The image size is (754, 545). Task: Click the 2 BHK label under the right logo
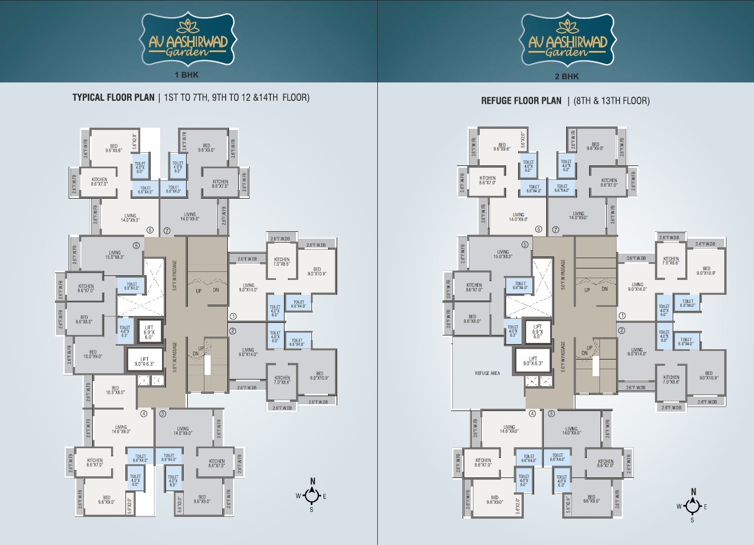[x=567, y=76]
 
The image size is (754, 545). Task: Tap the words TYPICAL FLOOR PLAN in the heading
[x=113, y=97]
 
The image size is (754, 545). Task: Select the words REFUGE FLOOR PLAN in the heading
[x=521, y=101]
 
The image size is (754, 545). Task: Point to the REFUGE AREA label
[x=487, y=373]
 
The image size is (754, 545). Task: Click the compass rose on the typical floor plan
[x=311, y=495]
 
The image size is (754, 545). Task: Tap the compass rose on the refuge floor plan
[x=693, y=506]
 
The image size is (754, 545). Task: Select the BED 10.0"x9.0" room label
[x=93, y=354]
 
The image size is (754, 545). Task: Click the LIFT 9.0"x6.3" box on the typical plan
[x=141, y=361]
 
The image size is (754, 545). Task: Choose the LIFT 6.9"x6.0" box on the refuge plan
[x=537, y=331]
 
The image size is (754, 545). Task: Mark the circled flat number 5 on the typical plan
[x=136, y=246]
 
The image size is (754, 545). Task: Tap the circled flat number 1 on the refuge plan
[x=622, y=315]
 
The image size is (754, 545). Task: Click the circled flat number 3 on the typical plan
[x=163, y=413]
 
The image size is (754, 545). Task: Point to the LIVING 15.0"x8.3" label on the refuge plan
[x=503, y=254]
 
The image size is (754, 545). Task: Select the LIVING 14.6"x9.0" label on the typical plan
[x=121, y=429]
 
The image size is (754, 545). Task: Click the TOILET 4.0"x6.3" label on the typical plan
[x=124, y=331]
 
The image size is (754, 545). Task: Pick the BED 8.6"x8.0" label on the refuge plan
[x=472, y=319]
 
